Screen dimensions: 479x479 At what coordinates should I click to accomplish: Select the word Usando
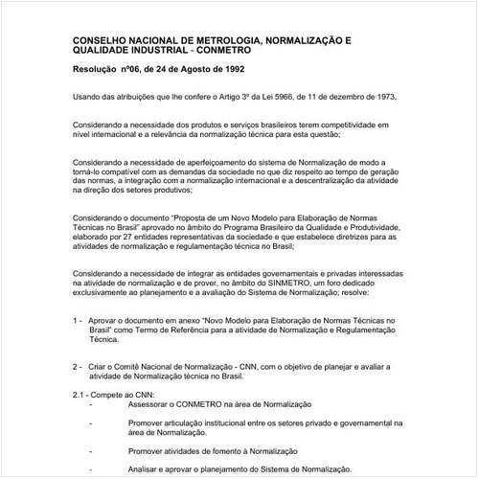click(88, 97)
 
